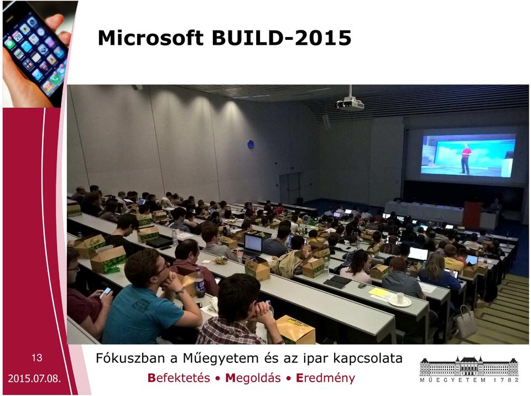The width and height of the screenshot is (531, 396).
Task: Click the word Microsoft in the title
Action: pyautogui.click(x=150, y=38)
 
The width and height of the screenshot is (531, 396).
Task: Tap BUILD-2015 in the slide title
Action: pyautogui.click(x=282, y=38)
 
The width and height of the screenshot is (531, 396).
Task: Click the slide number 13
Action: pyautogui.click(x=37, y=358)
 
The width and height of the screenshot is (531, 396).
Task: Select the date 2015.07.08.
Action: pyautogui.click(x=34, y=378)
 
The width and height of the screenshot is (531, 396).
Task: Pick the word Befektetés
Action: pyautogui.click(x=179, y=378)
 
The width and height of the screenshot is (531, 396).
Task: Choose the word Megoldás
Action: pyautogui.click(x=253, y=378)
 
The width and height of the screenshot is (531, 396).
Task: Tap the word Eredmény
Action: pyautogui.click(x=325, y=378)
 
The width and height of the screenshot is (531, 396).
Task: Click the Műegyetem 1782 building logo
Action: pyautogui.click(x=469, y=369)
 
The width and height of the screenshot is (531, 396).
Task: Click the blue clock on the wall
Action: pyautogui.click(x=251, y=144)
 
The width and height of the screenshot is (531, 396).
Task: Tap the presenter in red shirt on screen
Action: pyautogui.click(x=466, y=159)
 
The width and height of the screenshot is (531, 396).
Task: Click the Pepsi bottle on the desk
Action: pyautogui.click(x=200, y=283)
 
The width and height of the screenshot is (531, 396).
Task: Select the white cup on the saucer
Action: pyautogui.click(x=400, y=298)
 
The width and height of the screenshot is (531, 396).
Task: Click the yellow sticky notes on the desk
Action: pyautogui.click(x=378, y=292)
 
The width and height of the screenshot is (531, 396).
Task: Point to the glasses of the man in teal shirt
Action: pyautogui.click(x=163, y=268)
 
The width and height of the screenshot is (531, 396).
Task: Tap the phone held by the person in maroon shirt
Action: pyautogui.click(x=106, y=293)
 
